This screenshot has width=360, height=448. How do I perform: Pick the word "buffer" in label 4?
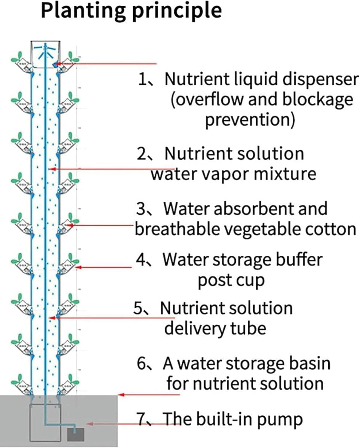299,260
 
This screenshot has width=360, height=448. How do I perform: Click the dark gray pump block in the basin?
75,434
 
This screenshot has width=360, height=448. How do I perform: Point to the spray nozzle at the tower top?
45,49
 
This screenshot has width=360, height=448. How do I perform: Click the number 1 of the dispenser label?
142,79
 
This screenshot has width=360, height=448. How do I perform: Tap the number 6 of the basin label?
141,364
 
